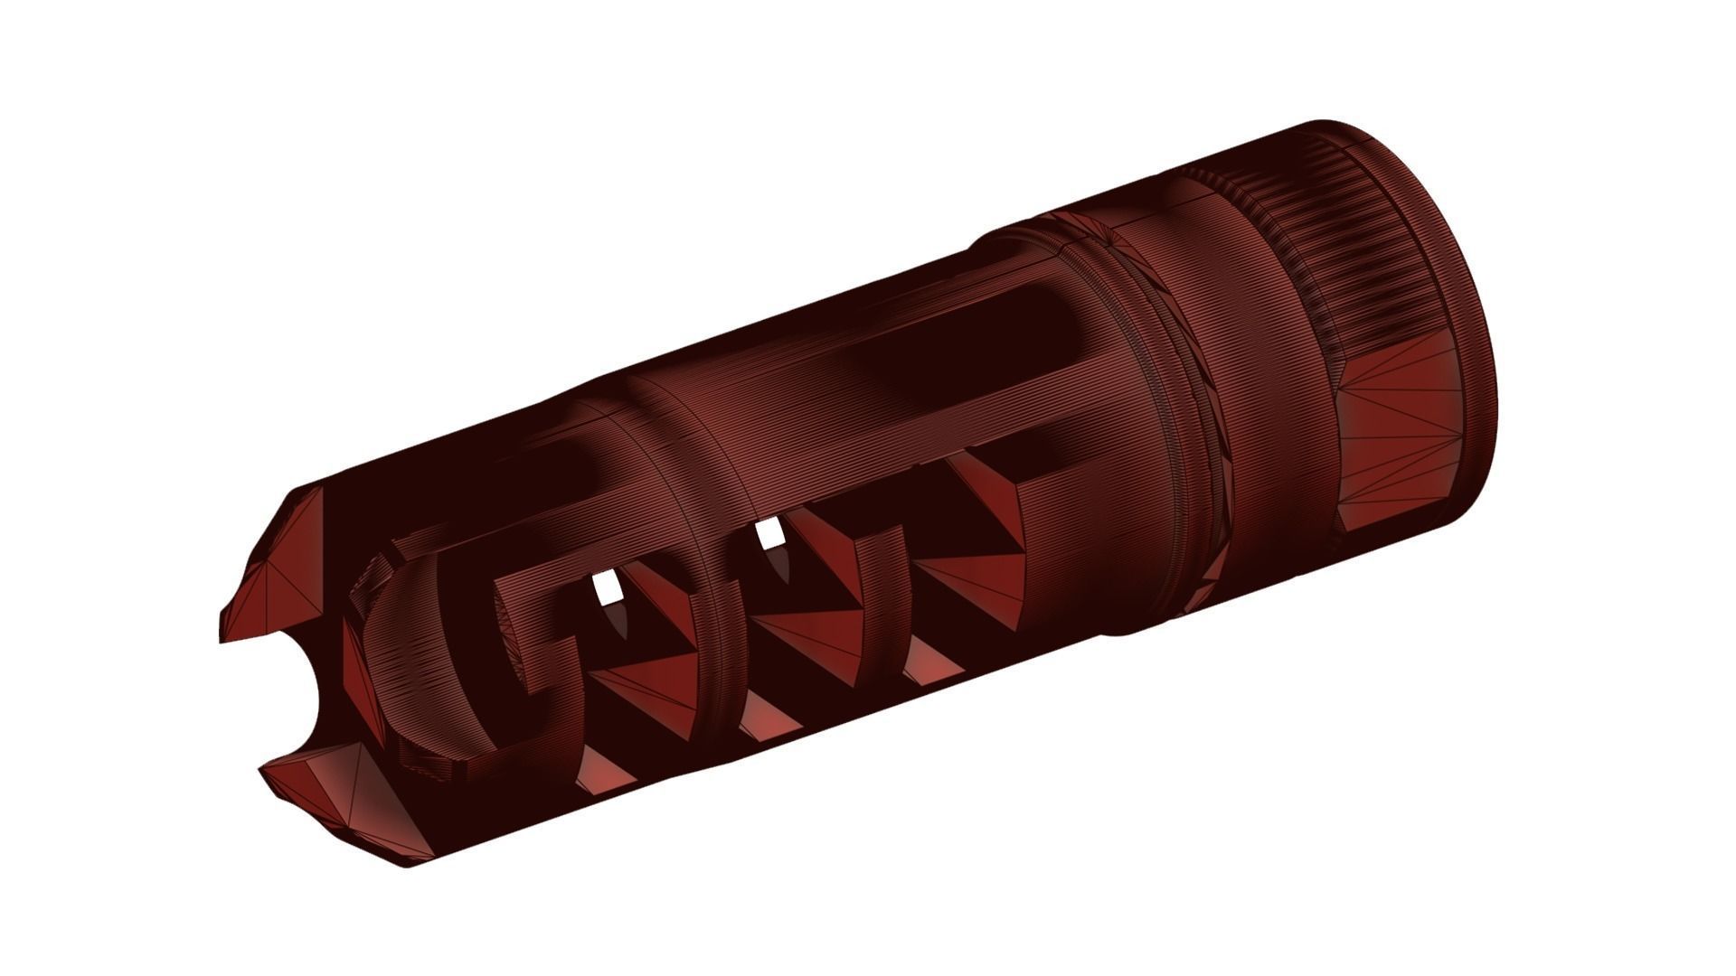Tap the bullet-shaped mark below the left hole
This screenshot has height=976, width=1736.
[620, 618]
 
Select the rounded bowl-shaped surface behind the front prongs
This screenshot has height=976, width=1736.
[425, 669]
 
